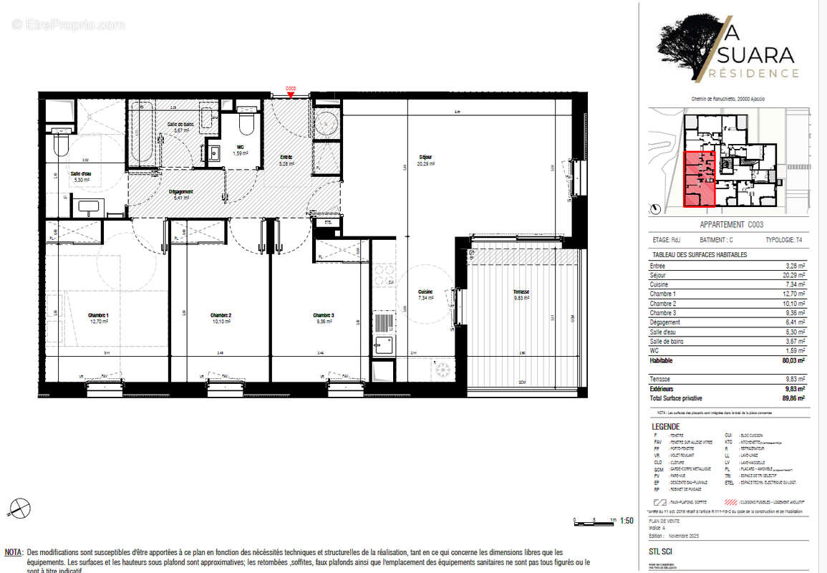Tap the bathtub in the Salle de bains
click(x=141, y=136)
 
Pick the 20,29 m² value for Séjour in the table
click(x=793, y=274)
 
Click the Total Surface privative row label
click(x=676, y=398)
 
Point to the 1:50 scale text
click(x=625, y=521)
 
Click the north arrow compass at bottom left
click(x=19, y=509)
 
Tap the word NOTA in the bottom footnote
click(x=14, y=553)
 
